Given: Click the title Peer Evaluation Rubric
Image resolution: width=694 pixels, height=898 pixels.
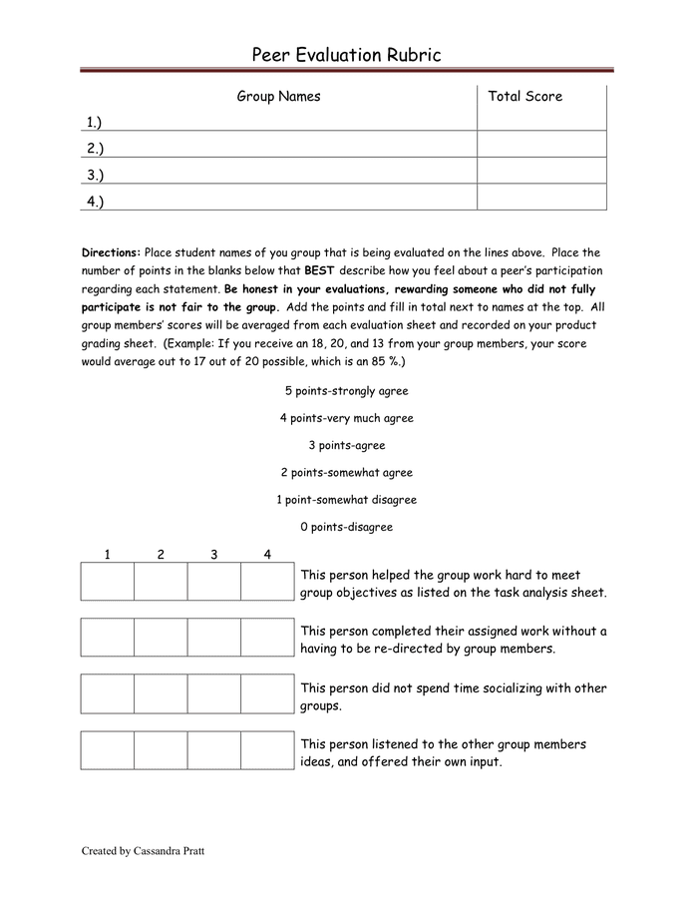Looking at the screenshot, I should pos(346,55).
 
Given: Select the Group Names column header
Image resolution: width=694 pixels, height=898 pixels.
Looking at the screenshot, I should pos(278,97).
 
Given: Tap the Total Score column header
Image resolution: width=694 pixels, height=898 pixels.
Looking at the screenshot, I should pos(524,97).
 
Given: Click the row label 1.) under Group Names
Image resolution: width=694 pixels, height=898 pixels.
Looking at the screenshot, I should pos(95,123).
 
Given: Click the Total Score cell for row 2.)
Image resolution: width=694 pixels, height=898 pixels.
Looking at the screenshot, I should pos(540,149).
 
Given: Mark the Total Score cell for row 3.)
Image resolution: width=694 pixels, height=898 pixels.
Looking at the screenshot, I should pos(540,175).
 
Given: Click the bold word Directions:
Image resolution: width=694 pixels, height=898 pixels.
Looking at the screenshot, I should pos(112,253).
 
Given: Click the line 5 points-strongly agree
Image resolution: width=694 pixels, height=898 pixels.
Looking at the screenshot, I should pos(346,391).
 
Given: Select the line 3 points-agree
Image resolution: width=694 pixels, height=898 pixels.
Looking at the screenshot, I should pos(346,445).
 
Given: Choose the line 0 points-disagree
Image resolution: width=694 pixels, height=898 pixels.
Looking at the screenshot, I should pos(346,527).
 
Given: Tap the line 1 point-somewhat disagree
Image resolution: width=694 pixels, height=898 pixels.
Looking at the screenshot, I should pos(346,500).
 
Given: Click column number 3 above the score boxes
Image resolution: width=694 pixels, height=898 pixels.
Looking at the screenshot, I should pos(213,555).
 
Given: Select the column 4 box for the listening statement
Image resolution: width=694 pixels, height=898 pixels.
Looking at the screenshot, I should pos(267,750).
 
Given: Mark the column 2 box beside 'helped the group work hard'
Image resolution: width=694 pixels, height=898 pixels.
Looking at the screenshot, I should pos(161,582).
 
